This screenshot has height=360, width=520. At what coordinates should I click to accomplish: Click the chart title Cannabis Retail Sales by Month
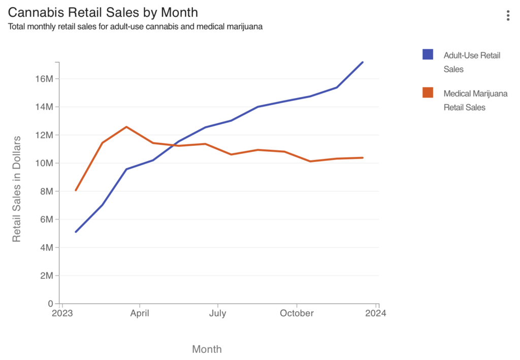click(x=103, y=12)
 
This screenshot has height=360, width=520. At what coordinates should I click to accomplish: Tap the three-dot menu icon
click(x=508, y=16)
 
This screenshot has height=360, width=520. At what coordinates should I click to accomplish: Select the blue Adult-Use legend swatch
click(x=428, y=54)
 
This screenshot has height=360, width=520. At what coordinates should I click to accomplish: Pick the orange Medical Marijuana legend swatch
click(x=428, y=92)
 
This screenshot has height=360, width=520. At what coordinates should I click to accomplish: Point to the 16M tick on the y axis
click(x=44, y=79)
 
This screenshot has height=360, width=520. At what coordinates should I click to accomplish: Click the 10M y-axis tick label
click(x=44, y=163)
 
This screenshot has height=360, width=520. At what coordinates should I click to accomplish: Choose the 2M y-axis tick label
click(x=46, y=276)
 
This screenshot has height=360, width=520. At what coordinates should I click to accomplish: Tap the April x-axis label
click(x=140, y=313)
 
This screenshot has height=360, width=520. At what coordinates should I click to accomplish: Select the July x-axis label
click(x=218, y=313)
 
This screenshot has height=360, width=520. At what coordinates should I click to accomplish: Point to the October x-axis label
click(x=297, y=313)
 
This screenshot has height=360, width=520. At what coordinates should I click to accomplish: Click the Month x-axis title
click(x=207, y=349)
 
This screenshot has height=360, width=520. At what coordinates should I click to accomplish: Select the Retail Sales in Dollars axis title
click(x=17, y=188)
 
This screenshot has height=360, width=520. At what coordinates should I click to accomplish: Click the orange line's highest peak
click(x=126, y=127)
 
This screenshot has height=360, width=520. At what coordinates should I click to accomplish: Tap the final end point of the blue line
click(x=363, y=62)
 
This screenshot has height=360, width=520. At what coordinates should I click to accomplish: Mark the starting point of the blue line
click(x=76, y=232)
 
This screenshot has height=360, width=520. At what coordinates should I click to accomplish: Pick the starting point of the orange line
click(x=76, y=190)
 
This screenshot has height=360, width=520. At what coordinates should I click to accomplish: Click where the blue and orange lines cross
click(x=173, y=145)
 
